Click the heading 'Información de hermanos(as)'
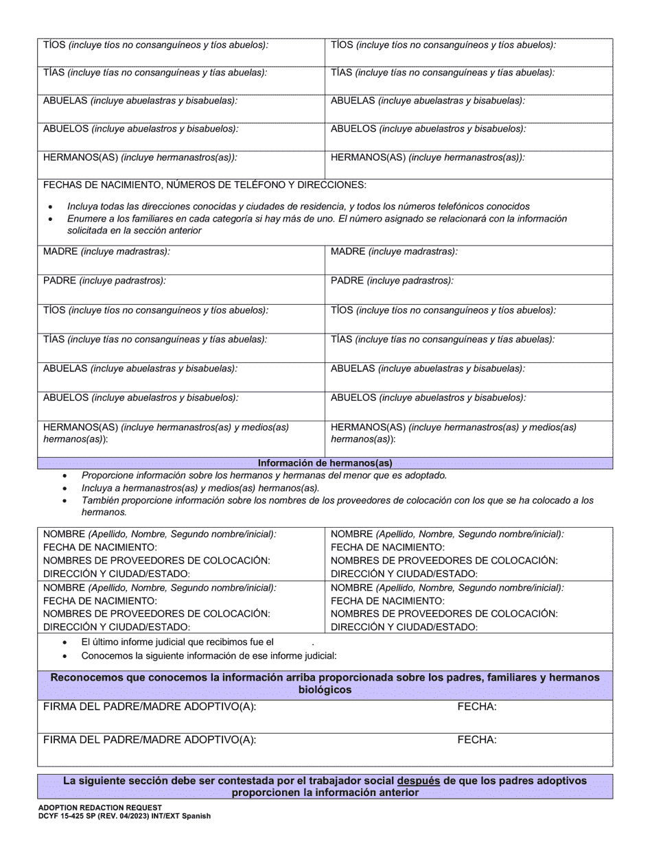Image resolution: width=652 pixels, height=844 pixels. click(x=325, y=463)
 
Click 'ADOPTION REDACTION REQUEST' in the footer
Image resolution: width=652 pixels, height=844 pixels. click(x=100, y=808)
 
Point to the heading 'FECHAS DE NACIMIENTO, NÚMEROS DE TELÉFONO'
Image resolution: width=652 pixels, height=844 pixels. click(x=205, y=185)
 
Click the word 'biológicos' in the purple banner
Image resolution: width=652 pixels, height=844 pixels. click(x=325, y=690)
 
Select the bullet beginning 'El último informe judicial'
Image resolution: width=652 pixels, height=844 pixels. click(x=178, y=642)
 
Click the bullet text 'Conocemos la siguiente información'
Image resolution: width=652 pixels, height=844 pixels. click(x=209, y=656)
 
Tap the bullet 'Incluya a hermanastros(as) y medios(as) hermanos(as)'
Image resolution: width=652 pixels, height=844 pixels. click(x=200, y=488)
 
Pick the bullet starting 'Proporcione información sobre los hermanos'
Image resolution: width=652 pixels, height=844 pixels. click(x=264, y=476)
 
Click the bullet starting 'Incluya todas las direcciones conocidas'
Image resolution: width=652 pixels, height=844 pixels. click(x=298, y=207)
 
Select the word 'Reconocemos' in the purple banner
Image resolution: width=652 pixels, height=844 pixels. click(x=84, y=678)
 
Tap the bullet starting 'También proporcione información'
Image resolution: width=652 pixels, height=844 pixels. click(x=336, y=501)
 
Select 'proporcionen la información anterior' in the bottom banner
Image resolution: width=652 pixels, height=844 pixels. click(x=325, y=793)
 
